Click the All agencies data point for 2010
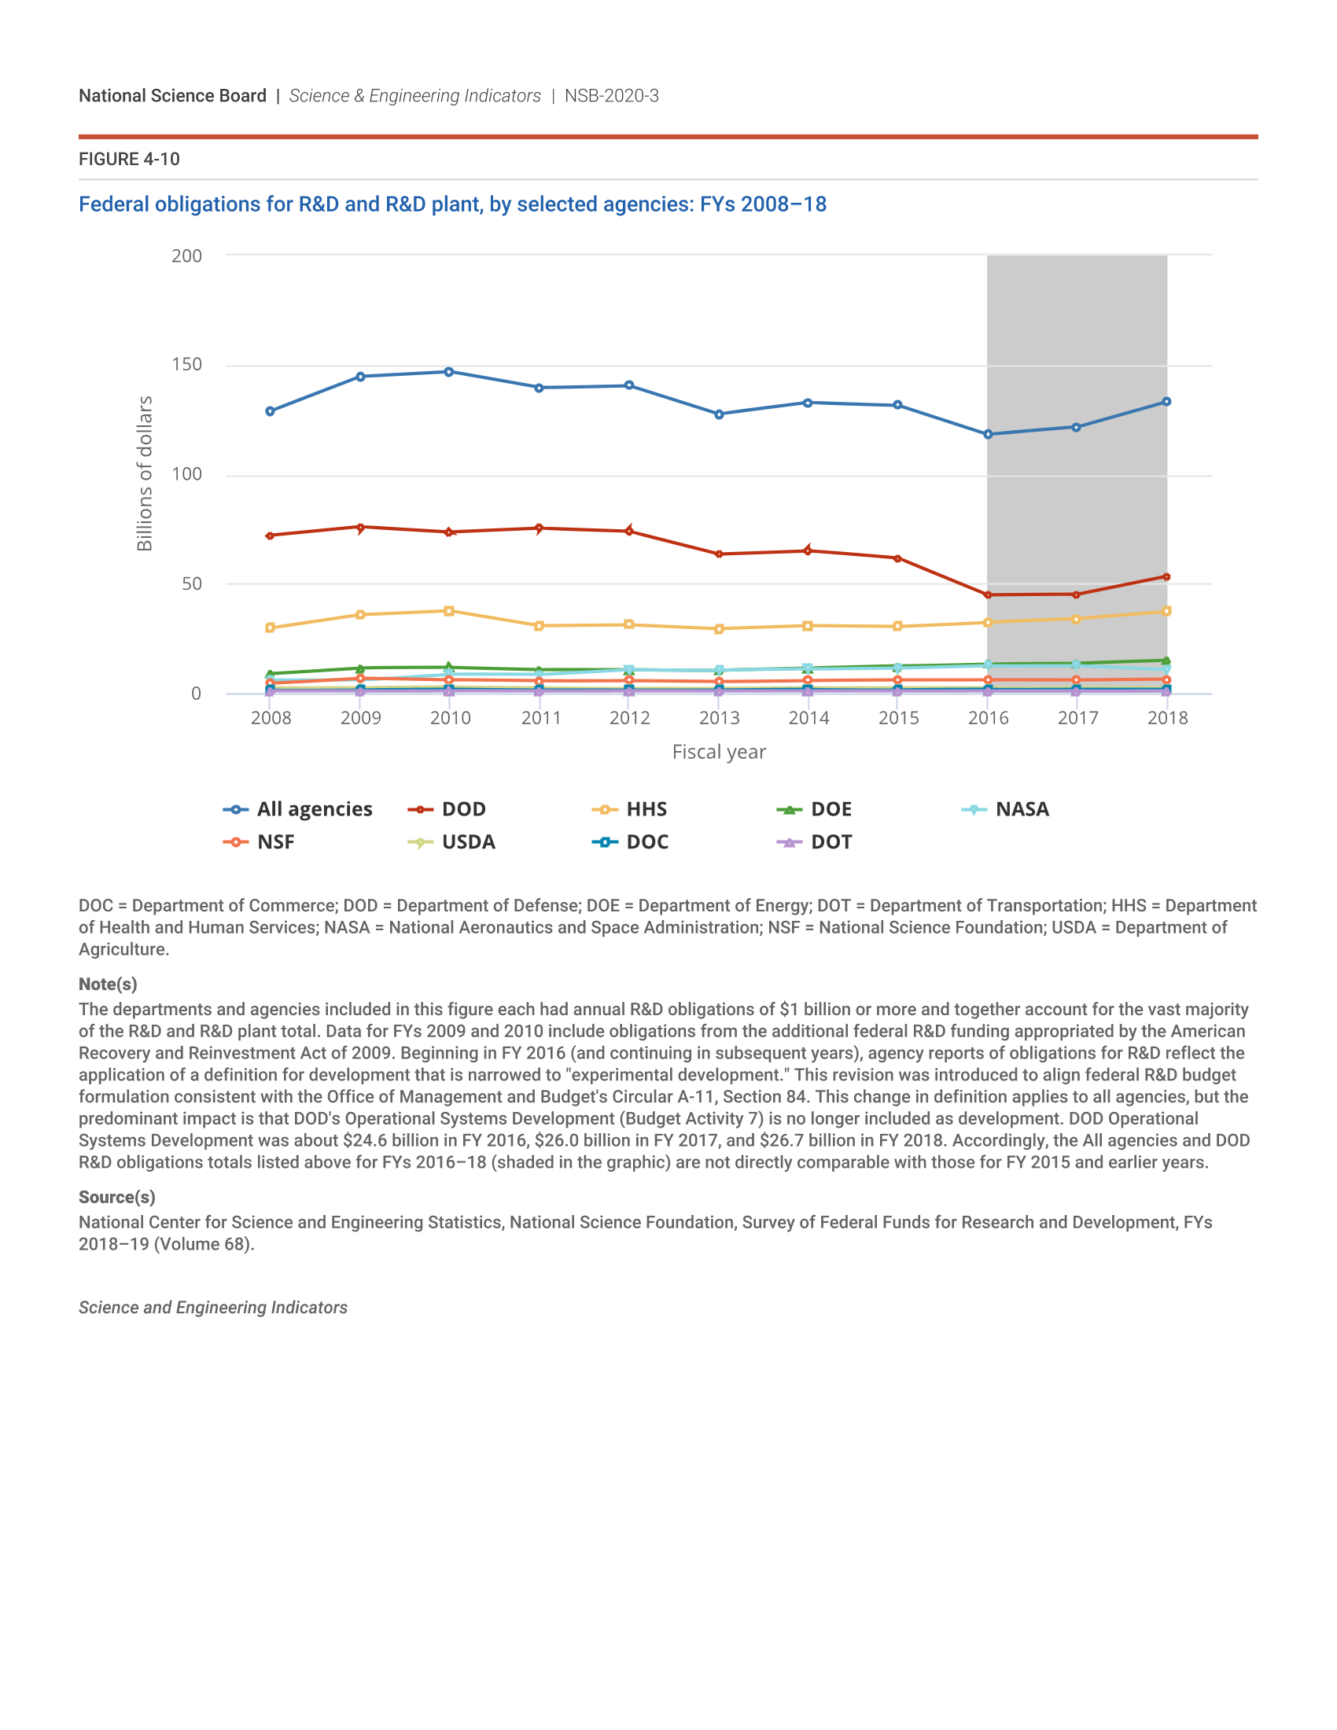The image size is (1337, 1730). (449, 371)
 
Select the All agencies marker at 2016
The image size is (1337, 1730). (988, 434)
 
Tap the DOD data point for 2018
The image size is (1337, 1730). (1166, 576)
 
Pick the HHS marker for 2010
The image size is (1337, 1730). (449, 611)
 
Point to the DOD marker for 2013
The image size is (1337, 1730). (719, 554)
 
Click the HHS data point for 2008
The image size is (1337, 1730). (270, 628)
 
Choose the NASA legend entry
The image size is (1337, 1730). (1006, 808)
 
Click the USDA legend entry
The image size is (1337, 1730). (452, 842)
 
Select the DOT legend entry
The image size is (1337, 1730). (815, 842)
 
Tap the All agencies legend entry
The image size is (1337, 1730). (299, 808)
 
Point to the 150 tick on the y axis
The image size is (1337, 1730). (187, 364)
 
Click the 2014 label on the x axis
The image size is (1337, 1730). (808, 718)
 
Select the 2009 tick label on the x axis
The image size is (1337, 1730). (360, 718)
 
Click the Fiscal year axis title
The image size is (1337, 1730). (719, 752)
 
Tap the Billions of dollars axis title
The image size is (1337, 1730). (144, 473)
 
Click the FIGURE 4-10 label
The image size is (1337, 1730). (129, 159)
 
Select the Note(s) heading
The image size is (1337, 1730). (108, 984)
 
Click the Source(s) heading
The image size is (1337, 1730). (116, 1197)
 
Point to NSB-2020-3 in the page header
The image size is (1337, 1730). (611, 96)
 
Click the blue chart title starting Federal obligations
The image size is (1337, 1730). (452, 204)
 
